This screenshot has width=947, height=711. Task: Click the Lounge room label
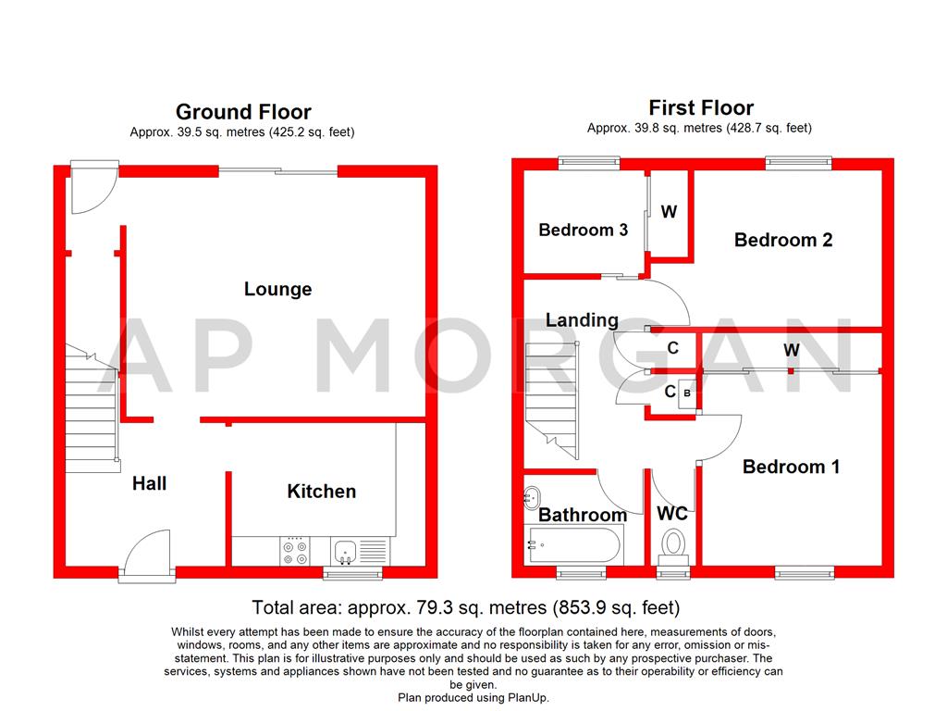point(277,289)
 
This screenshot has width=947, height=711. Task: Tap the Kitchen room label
point(321,491)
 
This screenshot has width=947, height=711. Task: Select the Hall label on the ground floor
point(149,482)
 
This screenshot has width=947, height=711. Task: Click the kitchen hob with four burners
point(295,552)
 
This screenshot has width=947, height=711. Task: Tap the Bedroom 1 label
point(791,467)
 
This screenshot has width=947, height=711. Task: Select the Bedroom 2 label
point(783,240)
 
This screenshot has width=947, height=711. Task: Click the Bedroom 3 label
point(583,230)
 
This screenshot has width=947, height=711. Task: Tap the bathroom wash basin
point(534,497)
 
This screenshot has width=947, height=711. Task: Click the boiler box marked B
point(686,393)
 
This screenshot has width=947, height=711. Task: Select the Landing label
point(582,319)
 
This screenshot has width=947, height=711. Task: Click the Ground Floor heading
point(243,112)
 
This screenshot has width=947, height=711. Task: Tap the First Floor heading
point(701,107)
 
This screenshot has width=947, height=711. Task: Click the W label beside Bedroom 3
point(669,212)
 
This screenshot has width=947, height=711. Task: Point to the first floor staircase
point(551,398)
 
